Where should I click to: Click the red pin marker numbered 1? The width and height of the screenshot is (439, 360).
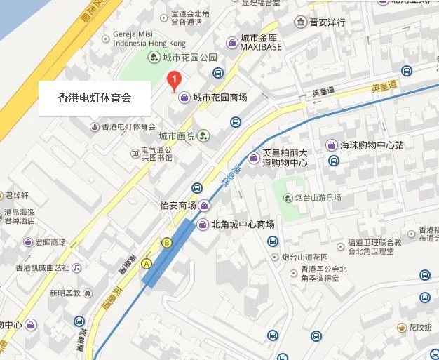[175, 81]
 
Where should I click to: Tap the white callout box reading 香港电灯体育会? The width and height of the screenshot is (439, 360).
[95, 98]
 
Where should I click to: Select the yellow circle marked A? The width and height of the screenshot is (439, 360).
[147, 263]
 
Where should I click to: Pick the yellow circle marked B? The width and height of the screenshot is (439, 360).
[167, 243]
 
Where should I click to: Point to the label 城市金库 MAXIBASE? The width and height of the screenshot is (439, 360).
[260, 41]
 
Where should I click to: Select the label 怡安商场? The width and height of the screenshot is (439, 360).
[177, 206]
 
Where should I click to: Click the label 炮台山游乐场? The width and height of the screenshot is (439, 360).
[318, 198]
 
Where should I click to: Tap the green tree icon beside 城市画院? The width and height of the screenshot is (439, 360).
[203, 135]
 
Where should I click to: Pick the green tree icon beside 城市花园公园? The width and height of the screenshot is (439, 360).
[154, 57]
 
